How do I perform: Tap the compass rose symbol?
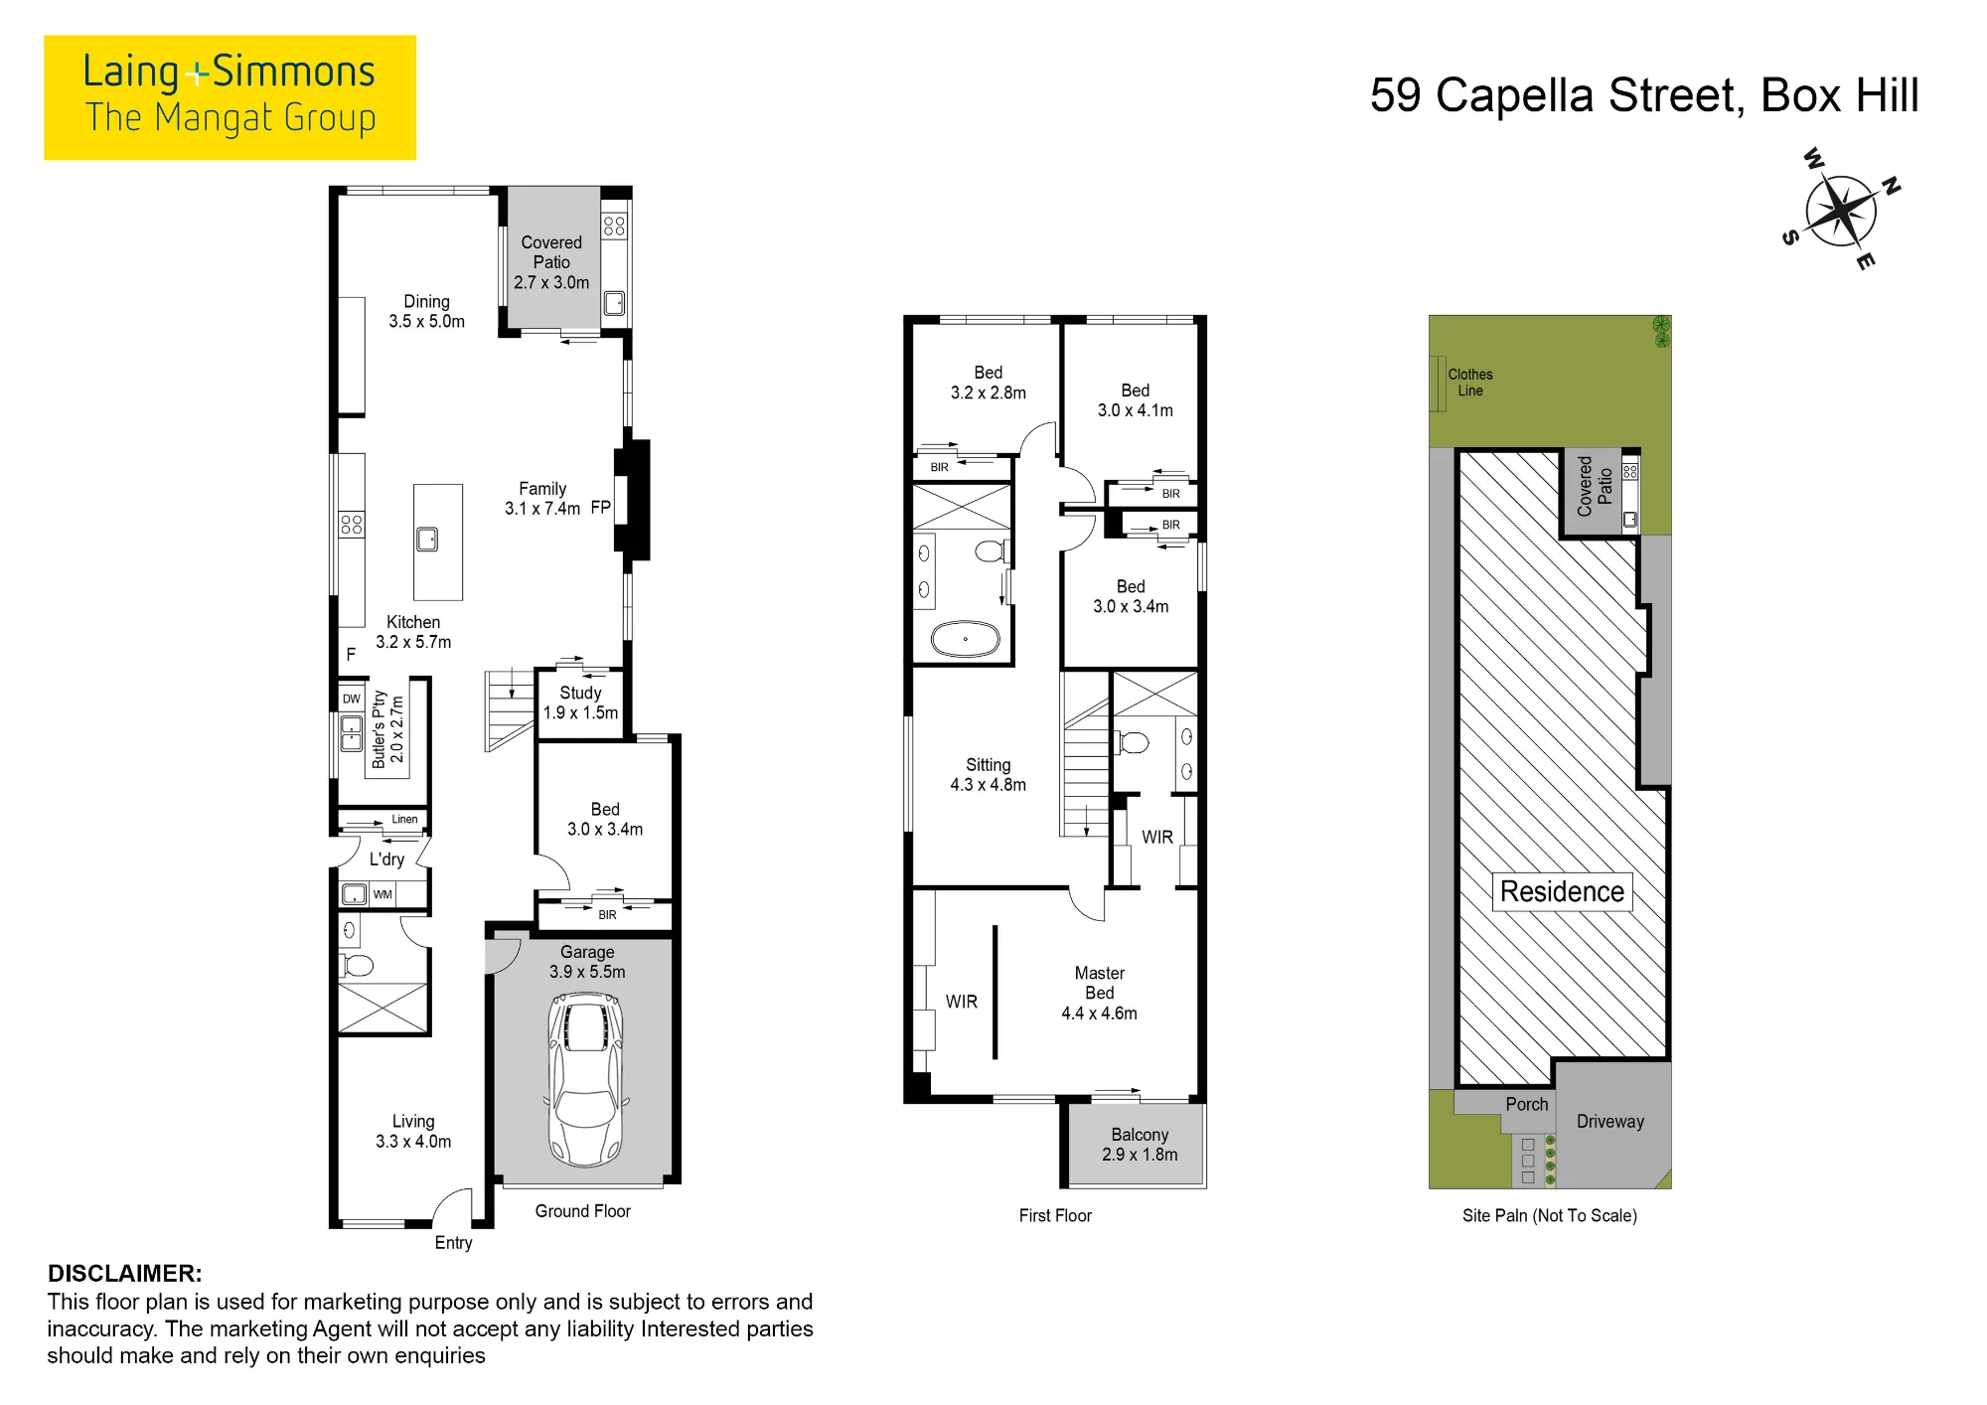point(1841,210)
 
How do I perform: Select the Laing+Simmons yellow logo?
point(229,97)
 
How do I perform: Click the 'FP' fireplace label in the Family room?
point(600,508)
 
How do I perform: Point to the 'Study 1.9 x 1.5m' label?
point(580,702)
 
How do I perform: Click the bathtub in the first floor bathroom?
point(965,639)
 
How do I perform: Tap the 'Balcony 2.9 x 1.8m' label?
point(1140,1145)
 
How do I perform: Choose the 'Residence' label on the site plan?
point(1562,891)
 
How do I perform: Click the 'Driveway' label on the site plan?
point(1609,1121)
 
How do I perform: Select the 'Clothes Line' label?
point(1470,383)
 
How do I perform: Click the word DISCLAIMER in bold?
point(125,1273)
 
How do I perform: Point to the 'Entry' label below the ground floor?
point(453,1243)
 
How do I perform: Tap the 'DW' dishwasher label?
point(352,699)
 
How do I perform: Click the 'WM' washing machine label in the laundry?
point(382,894)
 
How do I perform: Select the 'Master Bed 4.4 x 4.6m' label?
point(1099,993)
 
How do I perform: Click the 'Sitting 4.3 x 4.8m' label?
point(988,774)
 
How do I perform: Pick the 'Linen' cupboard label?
point(404,820)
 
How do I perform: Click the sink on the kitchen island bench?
point(427,539)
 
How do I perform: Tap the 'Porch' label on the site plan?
point(1526,1104)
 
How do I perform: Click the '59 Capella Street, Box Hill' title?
point(1644,95)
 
